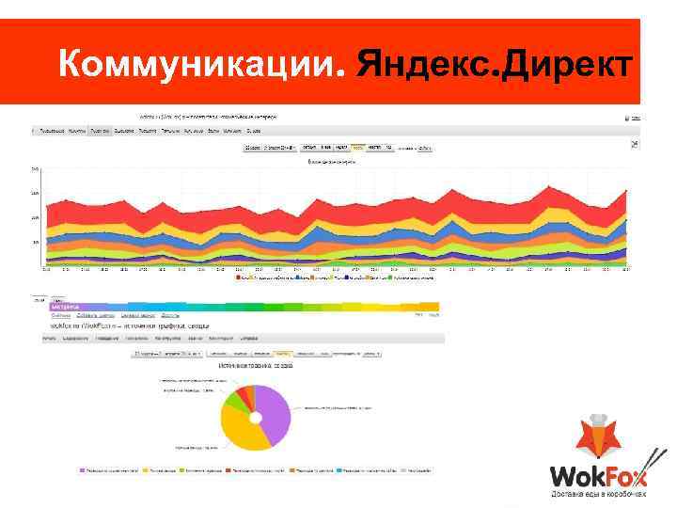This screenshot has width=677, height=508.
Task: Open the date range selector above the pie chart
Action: coord(169,355)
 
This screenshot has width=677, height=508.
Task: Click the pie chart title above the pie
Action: coord(256,364)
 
